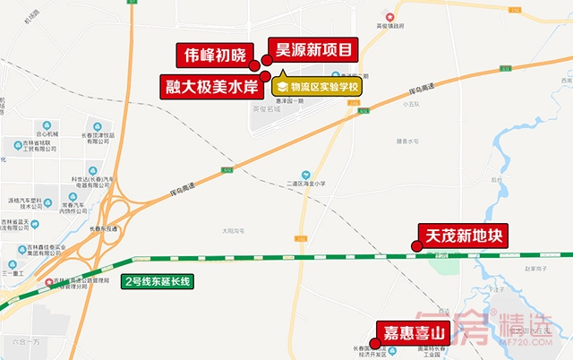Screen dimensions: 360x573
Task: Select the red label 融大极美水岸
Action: click(x=212, y=87)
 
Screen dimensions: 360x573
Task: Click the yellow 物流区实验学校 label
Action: click(x=317, y=88)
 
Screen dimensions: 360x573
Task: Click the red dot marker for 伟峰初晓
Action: click(x=255, y=64)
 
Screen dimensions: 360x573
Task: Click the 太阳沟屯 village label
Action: click(x=234, y=230)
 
